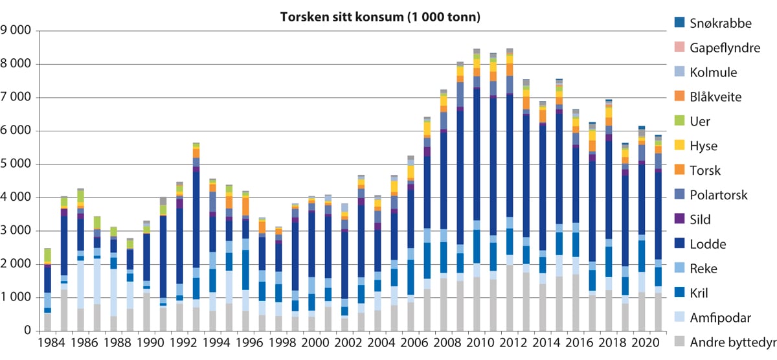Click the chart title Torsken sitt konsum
click(380, 17)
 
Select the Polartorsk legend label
click(715, 195)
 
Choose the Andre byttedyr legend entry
click(725, 343)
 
